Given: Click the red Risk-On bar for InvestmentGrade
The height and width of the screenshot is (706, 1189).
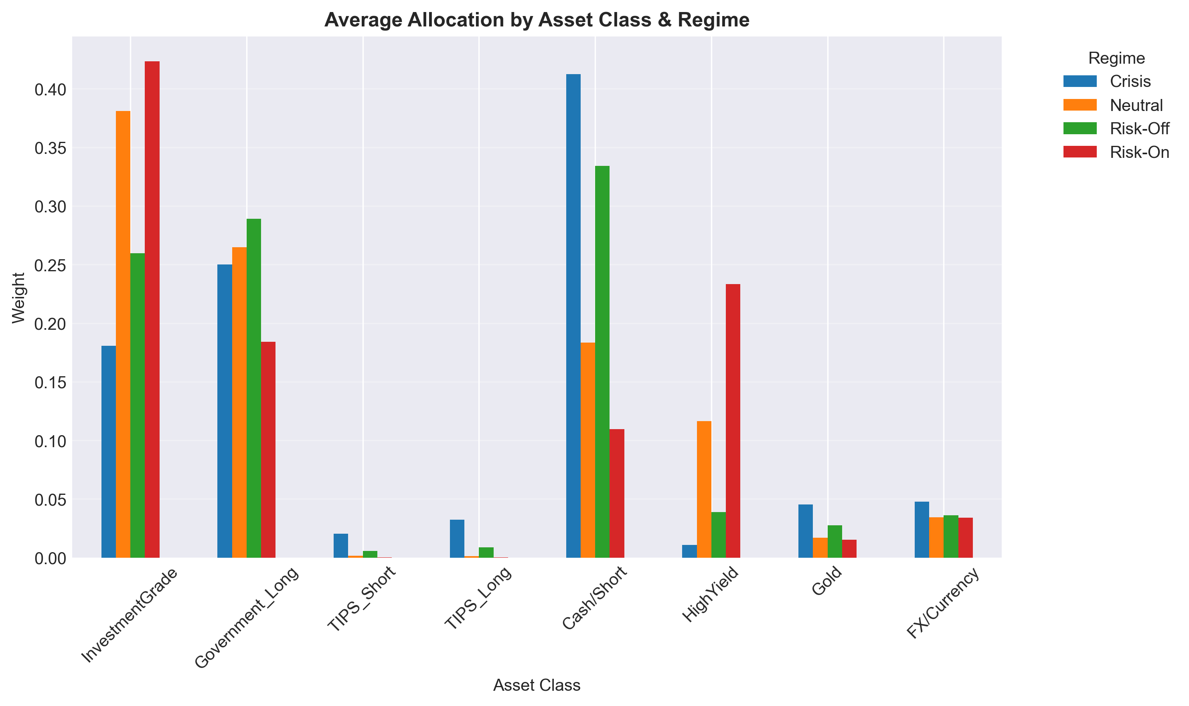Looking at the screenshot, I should [152, 309].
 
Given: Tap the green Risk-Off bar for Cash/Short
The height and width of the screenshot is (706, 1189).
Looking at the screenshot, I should [602, 361].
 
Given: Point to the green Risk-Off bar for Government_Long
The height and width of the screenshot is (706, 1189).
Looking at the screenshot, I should [254, 388].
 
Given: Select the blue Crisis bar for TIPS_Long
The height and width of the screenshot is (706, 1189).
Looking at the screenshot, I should [457, 538].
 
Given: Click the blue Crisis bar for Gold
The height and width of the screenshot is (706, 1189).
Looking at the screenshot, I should [805, 531].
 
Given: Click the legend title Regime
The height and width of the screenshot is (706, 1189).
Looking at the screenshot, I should [1116, 58].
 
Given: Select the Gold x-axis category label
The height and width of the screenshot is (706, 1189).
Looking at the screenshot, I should [827, 581].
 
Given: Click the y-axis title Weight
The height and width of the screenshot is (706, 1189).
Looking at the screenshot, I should [18, 297].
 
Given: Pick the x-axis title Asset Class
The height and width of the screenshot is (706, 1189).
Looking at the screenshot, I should [537, 685].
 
